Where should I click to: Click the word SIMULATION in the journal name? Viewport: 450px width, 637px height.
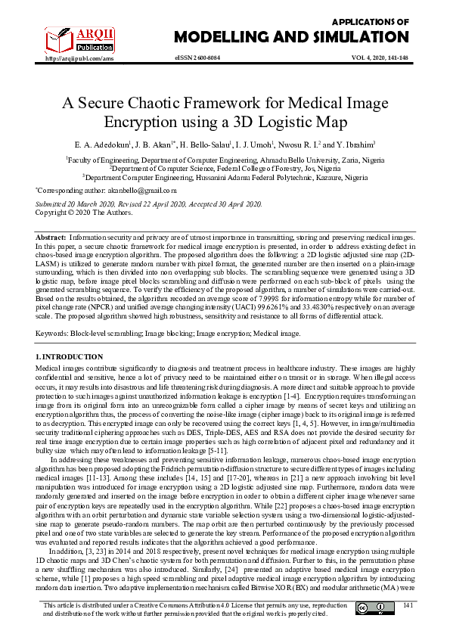click(x=357, y=37)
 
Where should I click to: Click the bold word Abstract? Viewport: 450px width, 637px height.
click(x=51, y=237)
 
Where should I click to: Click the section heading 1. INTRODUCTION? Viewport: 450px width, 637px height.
click(x=70, y=356)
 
